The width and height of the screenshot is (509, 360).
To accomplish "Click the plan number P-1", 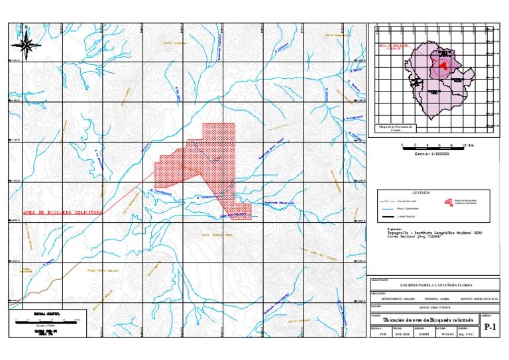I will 490,328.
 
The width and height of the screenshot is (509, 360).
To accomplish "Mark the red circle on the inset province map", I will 443,65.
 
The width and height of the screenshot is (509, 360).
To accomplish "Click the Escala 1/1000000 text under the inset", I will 431,153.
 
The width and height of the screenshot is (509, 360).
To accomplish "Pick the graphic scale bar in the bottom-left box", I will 46,322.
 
